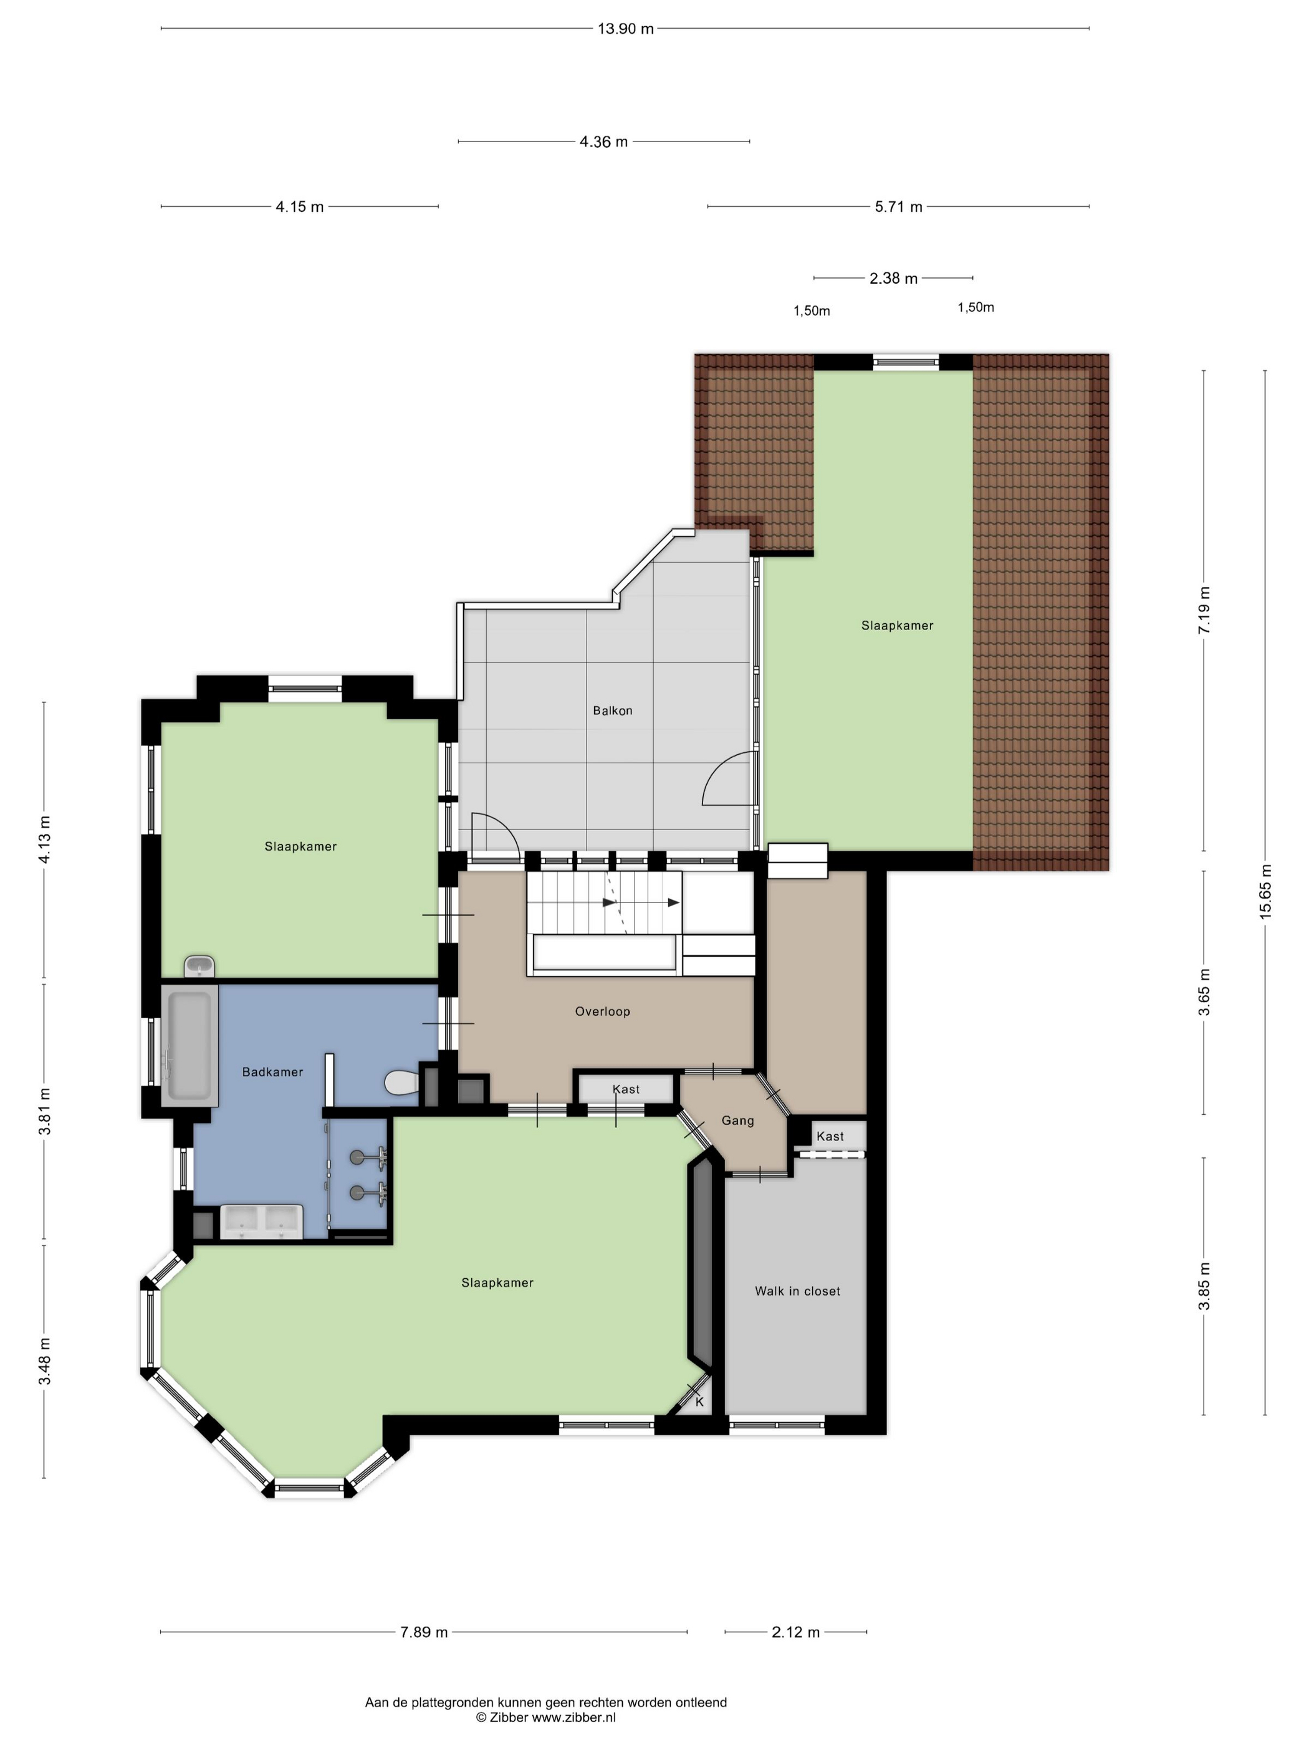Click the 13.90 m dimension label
[x=626, y=29]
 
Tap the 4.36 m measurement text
[x=603, y=142]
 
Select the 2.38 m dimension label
[x=893, y=279]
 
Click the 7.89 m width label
[x=424, y=1632]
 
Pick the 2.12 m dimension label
[x=795, y=1632]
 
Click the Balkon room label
[x=612, y=711]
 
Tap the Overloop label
[x=603, y=1011]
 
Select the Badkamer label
[x=272, y=1072]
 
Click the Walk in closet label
[x=797, y=1291]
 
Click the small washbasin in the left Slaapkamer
[x=199, y=967]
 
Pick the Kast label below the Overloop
[x=626, y=1089]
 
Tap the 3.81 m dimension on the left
[x=44, y=1111]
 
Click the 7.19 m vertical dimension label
[x=1204, y=610]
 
